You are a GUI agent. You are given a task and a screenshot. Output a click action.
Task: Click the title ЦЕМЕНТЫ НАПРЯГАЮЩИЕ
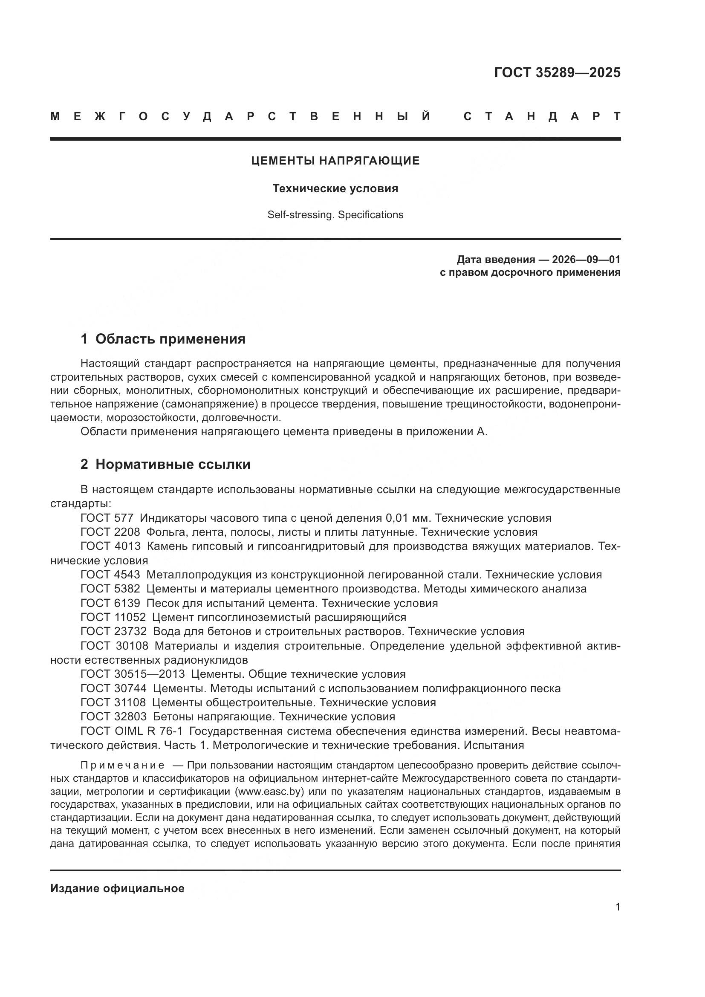[335, 161]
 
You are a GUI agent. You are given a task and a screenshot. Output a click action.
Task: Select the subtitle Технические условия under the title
[335, 188]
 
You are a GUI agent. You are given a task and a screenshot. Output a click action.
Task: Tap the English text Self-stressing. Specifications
[335, 214]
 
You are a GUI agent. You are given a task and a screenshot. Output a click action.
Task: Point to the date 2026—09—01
[586, 260]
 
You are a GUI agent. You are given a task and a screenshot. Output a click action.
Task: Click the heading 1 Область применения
[163, 339]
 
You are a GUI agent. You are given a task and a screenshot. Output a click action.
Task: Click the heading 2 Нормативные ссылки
[165, 464]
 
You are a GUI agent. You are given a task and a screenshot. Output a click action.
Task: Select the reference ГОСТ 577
[108, 517]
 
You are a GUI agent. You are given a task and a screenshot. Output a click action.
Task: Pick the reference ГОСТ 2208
[110, 532]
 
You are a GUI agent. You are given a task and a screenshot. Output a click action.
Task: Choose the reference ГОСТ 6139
[110, 603]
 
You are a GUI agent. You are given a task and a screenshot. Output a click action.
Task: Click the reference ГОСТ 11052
[113, 617]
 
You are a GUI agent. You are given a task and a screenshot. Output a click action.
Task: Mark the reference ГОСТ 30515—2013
[133, 674]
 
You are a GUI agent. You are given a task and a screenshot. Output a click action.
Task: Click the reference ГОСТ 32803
[113, 717]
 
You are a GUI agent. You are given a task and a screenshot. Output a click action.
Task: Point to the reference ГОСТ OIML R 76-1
[132, 731]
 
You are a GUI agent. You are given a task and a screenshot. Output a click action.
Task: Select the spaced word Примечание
[122, 765]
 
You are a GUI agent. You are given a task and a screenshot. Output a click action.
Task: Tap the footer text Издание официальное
[117, 888]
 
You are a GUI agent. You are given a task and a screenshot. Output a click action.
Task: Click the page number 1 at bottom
[617, 907]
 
